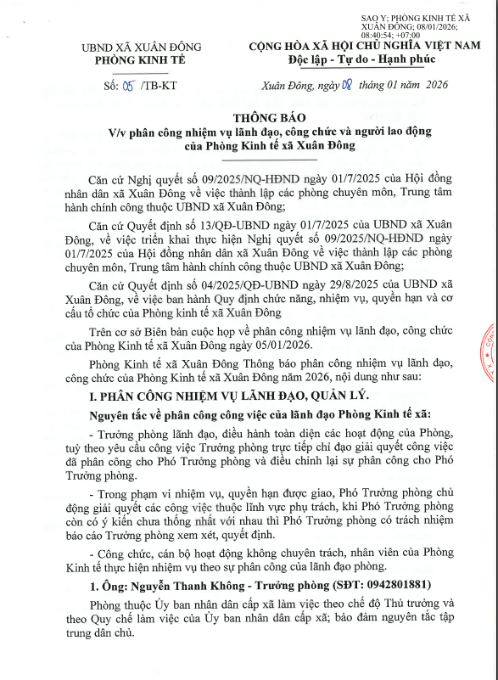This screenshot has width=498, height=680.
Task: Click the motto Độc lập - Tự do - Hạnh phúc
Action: (361, 59)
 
